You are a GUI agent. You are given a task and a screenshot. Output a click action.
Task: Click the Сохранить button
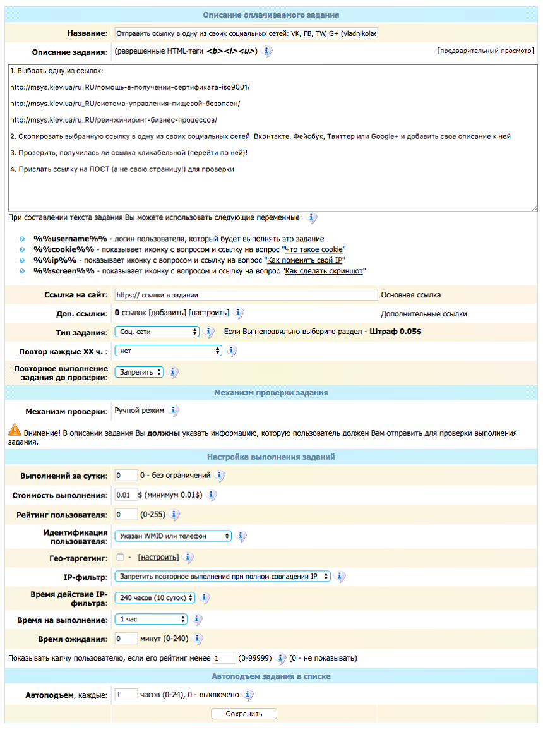coord(244,714)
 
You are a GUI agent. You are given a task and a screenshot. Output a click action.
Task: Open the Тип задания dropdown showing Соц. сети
coord(157,332)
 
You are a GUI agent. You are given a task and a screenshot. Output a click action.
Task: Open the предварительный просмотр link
coord(485,51)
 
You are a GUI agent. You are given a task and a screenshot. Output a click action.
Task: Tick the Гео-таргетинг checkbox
coord(120,558)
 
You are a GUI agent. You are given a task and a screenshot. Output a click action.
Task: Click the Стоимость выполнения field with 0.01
coord(125,495)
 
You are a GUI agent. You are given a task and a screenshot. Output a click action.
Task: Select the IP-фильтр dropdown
coord(222,576)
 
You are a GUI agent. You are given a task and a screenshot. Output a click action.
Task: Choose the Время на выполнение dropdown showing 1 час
coord(151,619)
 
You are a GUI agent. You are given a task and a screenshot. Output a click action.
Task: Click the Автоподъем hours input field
coord(126,695)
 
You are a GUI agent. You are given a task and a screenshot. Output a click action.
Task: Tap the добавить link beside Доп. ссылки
coord(167,313)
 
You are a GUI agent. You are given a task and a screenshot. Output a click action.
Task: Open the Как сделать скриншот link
coord(325,271)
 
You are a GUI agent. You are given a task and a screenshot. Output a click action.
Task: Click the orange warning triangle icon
coord(15,431)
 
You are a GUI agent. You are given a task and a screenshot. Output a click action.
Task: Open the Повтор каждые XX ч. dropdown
coord(168,350)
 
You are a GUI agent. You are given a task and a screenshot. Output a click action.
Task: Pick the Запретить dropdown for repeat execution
coord(139,372)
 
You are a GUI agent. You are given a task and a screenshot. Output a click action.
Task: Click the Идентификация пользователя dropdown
coord(173,536)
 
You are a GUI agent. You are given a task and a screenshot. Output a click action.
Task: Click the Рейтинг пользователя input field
coord(126,515)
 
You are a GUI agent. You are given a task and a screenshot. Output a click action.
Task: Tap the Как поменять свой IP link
coord(306,260)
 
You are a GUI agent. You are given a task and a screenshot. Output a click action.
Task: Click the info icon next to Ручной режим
coord(174,411)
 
